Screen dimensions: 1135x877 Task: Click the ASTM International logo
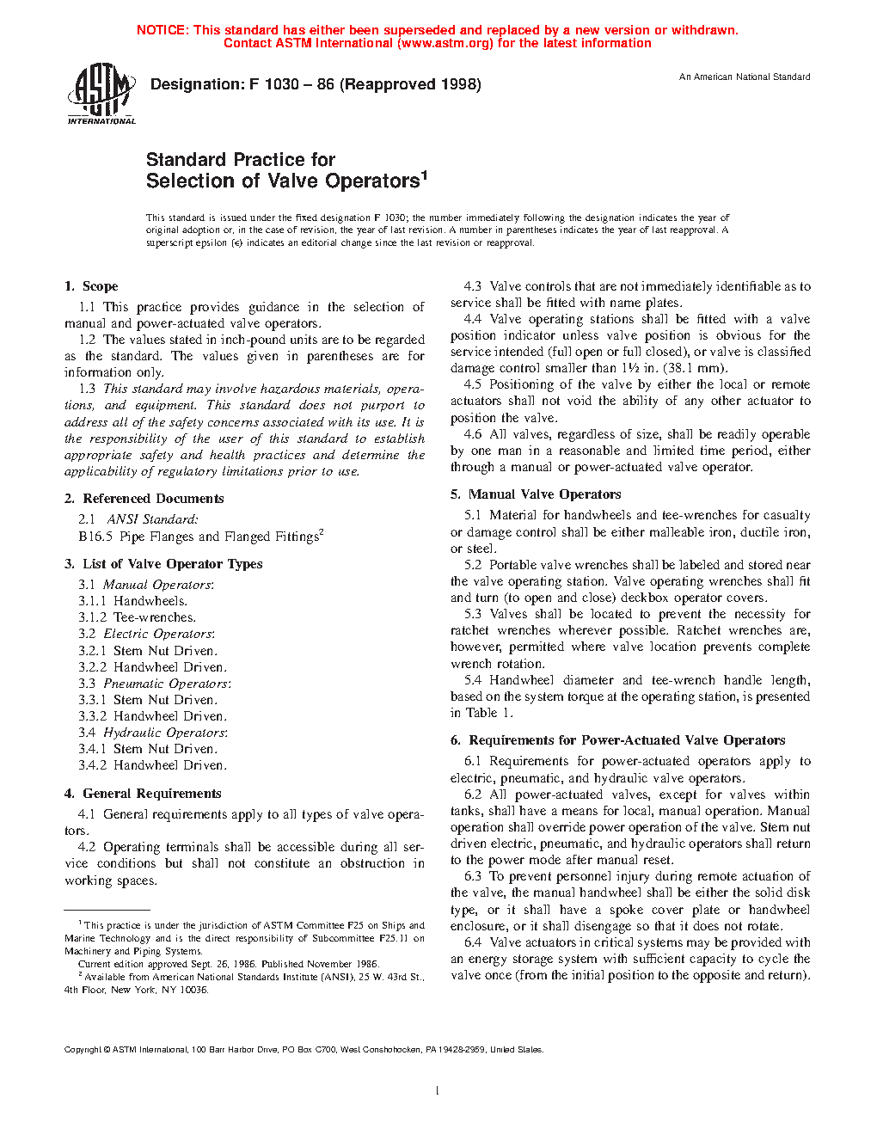(x=101, y=95)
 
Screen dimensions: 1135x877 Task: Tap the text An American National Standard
(x=745, y=77)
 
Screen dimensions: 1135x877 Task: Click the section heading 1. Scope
(x=91, y=286)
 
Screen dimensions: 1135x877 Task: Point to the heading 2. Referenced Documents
(x=144, y=499)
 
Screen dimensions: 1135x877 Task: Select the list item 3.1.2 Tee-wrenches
(x=137, y=617)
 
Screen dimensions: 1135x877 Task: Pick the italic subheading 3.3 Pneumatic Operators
(x=155, y=684)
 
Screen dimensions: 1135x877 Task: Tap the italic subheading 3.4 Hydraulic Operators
(x=153, y=733)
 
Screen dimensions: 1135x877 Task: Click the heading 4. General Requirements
(x=143, y=794)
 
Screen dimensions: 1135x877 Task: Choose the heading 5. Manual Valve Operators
(x=536, y=494)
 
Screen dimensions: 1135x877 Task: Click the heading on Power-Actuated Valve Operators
(x=618, y=740)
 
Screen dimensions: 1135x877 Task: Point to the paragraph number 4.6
(x=473, y=434)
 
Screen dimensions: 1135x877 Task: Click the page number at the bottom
(x=438, y=1090)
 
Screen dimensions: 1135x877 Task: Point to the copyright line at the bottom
(x=304, y=1049)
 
